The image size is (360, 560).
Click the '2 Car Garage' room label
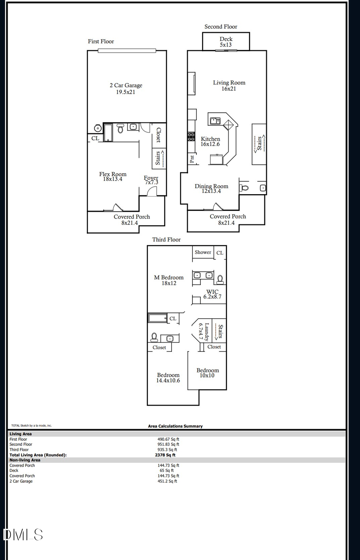click(126, 85)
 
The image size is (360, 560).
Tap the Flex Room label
click(113, 175)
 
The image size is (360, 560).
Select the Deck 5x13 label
click(226, 42)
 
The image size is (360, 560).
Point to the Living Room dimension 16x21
click(229, 89)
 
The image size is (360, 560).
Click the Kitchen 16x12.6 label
click(210, 142)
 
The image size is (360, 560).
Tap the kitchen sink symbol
click(215, 120)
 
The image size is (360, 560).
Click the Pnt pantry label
click(192, 159)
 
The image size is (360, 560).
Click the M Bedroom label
click(169, 280)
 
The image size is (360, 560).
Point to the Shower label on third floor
click(203, 252)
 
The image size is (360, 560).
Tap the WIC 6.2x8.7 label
click(212, 294)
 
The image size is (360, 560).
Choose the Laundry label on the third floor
click(204, 332)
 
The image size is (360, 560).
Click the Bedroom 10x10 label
click(208, 373)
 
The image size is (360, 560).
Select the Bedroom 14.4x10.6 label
click(168, 378)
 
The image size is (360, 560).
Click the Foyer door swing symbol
click(152, 192)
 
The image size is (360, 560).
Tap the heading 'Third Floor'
click(166, 239)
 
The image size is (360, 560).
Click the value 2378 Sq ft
click(165, 455)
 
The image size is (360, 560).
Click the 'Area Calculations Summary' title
click(175, 426)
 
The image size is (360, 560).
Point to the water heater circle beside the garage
click(98, 128)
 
